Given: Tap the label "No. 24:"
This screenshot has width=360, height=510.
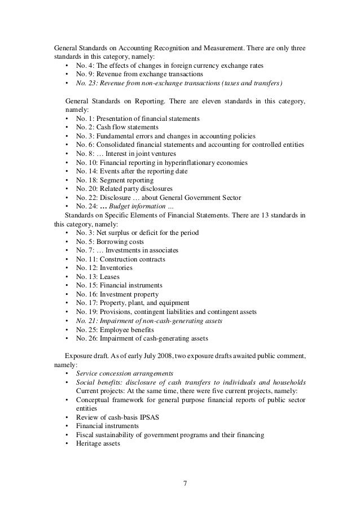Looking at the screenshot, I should [x=88, y=206].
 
